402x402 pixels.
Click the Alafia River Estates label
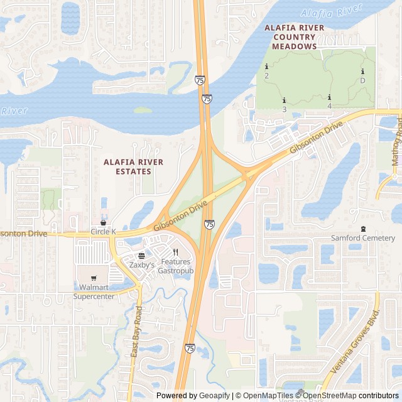[x=133, y=166]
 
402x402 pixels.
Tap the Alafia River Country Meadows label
[x=295, y=37]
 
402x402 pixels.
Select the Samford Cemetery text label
[x=363, y=238]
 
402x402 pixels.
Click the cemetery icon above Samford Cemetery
[x=362, y=228]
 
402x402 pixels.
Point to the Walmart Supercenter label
[x=94, y=291]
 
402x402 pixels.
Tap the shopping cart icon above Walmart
[x=94, y=278]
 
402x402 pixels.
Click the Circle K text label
[x=103, y=232]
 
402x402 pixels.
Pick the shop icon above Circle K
[x=103, y=222]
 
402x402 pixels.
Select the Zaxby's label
[x=142, y=265]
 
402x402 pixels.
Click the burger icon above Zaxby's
[x=142, y=256]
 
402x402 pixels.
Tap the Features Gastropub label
[x=176, y=266]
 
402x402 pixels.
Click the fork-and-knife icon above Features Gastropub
[x=176, y=252]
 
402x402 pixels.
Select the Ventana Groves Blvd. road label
[x=355, y=342]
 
